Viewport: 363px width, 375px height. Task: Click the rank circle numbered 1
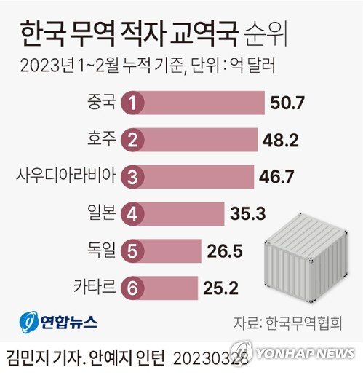pos(132,103)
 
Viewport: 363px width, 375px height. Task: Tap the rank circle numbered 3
pos(132,176)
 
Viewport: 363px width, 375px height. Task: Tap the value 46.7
pos(276,176)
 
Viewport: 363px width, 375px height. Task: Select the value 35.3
pos(247,213)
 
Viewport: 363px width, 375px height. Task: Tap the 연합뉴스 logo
pos(57,321)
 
